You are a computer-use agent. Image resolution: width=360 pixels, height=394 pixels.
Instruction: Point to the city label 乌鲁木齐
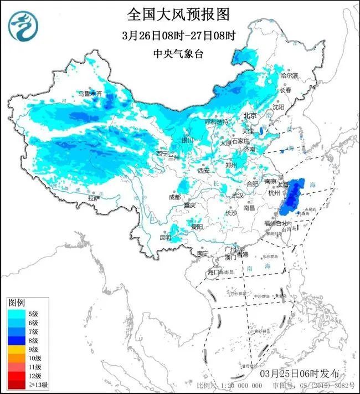[x=90, y=94]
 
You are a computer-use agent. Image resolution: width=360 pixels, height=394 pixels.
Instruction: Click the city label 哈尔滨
[x=289, y=75]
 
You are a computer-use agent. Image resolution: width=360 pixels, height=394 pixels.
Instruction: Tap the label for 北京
[x=250, y=116]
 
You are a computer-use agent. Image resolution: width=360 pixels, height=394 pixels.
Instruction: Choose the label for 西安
[x=203, y=171]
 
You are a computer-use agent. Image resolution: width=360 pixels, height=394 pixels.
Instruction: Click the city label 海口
[x=214, y=272]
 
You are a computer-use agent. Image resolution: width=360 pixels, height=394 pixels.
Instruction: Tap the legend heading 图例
[x=16, y=303]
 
